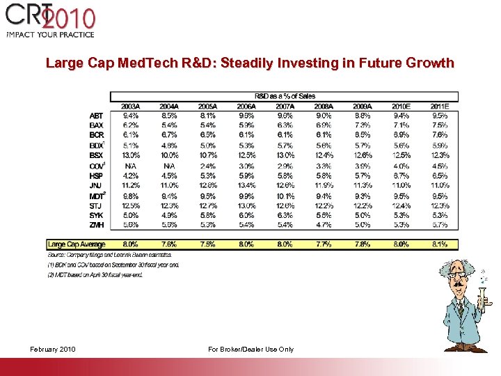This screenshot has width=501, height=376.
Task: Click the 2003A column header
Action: coord(130,106)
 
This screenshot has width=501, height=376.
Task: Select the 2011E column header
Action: coord(440,106)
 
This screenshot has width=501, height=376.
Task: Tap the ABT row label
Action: coord(97,116)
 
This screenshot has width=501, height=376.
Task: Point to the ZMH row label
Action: coord(97,225)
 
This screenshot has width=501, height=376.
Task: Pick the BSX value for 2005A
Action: coord(207,155)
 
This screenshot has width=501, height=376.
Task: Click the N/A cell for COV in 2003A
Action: coord(130,166)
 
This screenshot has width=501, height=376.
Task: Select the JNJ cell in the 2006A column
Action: coord(246,186)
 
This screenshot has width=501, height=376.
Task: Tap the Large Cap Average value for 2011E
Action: coord(440,244)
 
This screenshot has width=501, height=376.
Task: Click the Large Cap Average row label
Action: coord(77,244)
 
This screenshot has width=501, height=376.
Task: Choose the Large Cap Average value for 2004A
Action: coord(169,244)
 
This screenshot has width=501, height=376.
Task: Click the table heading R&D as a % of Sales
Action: coord(285,96)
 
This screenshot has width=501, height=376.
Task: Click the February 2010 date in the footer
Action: coord(54,349)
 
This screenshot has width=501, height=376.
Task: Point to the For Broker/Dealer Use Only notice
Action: coord(250,349)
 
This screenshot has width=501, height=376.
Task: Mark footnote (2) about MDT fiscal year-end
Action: coord(94,275)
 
